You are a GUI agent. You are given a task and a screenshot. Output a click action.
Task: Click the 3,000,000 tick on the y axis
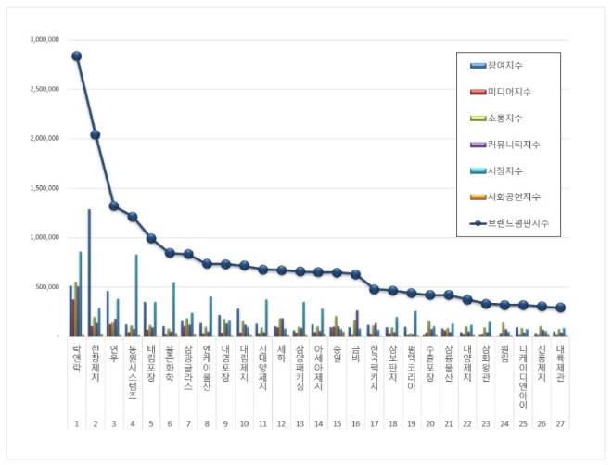45,40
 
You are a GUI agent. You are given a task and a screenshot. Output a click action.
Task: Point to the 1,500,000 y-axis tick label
45,188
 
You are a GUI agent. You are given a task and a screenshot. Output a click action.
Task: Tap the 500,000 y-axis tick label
47,286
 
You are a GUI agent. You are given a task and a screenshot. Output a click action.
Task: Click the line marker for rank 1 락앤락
76,56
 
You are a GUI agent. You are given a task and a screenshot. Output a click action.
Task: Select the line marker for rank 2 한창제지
95,134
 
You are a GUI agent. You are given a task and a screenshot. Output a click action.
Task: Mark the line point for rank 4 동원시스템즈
133,217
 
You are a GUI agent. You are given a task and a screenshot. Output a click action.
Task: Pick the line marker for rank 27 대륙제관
560,308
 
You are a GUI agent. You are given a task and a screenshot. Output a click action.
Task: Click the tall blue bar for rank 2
89,272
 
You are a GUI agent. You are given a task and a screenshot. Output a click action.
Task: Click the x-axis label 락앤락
76,356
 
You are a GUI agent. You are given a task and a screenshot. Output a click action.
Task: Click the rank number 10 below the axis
243,423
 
